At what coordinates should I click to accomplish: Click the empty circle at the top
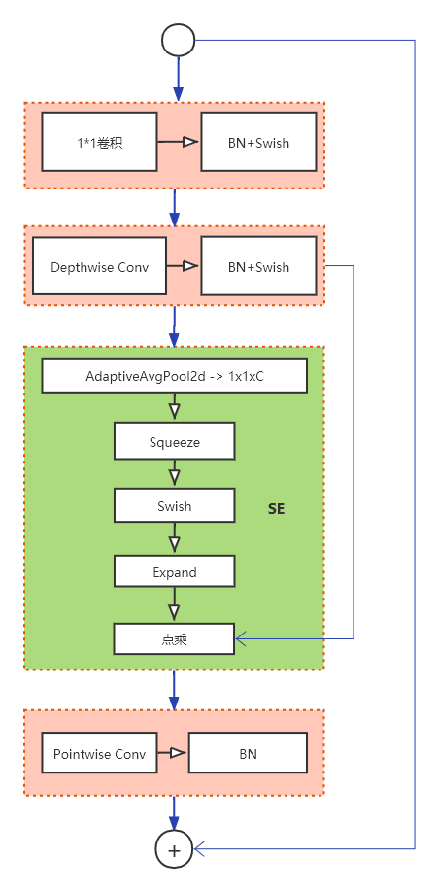pyautogui.click(x=179, y=40)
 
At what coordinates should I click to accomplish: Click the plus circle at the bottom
pyautogui.click(x=175, y=849)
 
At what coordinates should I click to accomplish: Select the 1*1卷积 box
pyautogui.click(x=100, y=142)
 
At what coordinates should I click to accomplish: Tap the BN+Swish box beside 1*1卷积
pyautogui.click(x=258, y=142)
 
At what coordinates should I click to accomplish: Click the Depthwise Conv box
pyautogui.click(x=100, y=266)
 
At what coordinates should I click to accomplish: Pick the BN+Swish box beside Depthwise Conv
pyautogui.click(x=258, y=266)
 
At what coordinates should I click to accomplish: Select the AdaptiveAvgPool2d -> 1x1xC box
pyautogui.click(x=174, y=375)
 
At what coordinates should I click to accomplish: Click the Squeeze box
pyautogui.click(x=174, y=441)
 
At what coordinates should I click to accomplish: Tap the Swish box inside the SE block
pyautogui.click(x=174, y=506)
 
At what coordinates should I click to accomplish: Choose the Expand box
pyautogui.click(x=174, y=571)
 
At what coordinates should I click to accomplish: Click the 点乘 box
pyautogui.click(x=174, y=638)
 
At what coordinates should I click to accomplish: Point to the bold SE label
pyautogui.click(x=277, y=508)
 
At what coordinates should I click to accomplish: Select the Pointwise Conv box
pyautogui.click(x=100, y=753)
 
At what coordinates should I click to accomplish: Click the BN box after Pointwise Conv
pyautogui.click(x=248, y=753)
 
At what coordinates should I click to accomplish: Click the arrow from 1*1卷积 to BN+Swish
pyautogui.click(x=180, y=142)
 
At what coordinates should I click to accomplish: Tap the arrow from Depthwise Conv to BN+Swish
pyautogui.click(x=183, y=266)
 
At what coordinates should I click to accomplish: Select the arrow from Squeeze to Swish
pyautogui.click(x=174, y=474)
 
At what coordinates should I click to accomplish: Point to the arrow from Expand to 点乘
pyautogui.click(x=174, y=605)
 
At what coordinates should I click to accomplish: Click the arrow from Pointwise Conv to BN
pyautogui.click(x=173, y=753)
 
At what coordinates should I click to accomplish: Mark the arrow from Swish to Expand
pyautogui.click(x=174, y=539)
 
